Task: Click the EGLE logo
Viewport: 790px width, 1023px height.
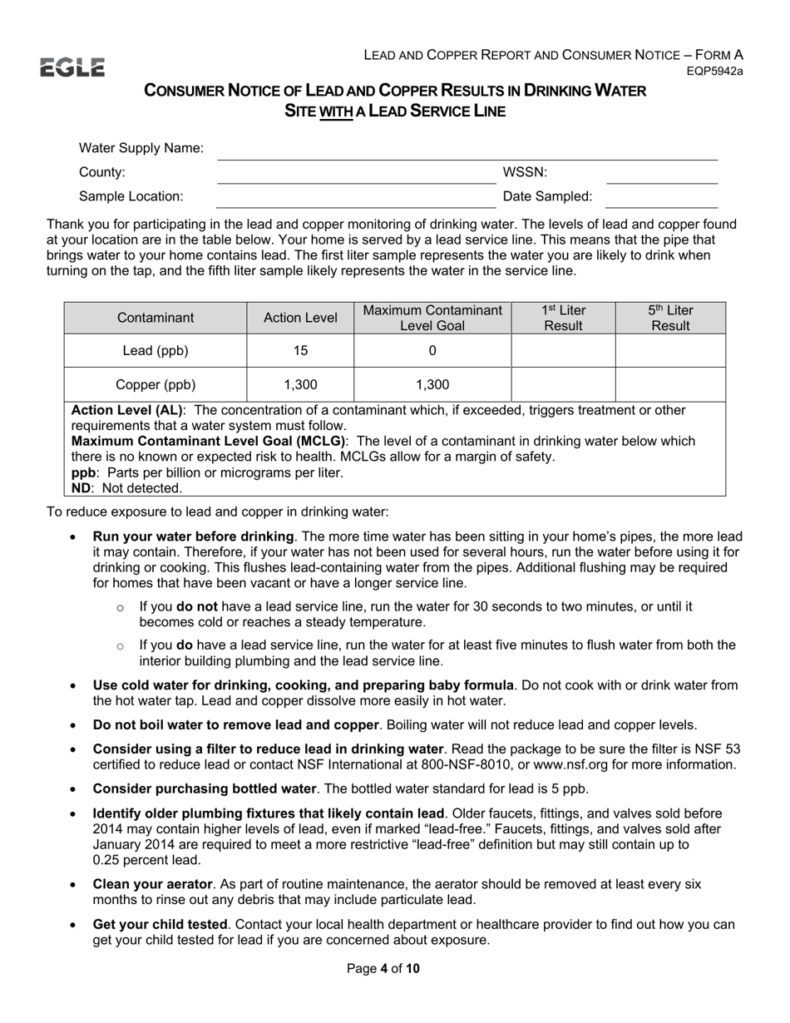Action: pos(72,67)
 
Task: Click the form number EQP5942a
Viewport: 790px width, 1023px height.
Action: pos(714,72)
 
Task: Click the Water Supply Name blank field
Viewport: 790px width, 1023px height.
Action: pos(466,150)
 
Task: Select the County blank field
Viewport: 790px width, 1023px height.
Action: pos(356,174)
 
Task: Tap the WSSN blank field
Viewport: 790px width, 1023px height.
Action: pos(662,174)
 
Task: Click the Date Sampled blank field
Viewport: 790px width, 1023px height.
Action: pos(662,198)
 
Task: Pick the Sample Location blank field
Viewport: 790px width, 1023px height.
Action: pos(356,198)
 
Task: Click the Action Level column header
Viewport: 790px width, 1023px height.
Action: pos(300,318)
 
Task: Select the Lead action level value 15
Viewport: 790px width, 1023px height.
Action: pos(300,351)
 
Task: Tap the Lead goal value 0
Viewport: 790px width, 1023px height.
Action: pos(432,351)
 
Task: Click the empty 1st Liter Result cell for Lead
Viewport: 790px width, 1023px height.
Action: pos(563,351)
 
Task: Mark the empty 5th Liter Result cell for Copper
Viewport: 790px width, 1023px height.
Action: pos(670,384)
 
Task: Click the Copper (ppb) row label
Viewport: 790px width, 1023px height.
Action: pos(156,384)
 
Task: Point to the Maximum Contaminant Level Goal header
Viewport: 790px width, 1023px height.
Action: pos(432,318)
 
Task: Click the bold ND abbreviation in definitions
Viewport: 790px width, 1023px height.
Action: pos(81,488)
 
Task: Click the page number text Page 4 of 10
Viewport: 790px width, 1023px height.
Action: pos(383,968)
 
